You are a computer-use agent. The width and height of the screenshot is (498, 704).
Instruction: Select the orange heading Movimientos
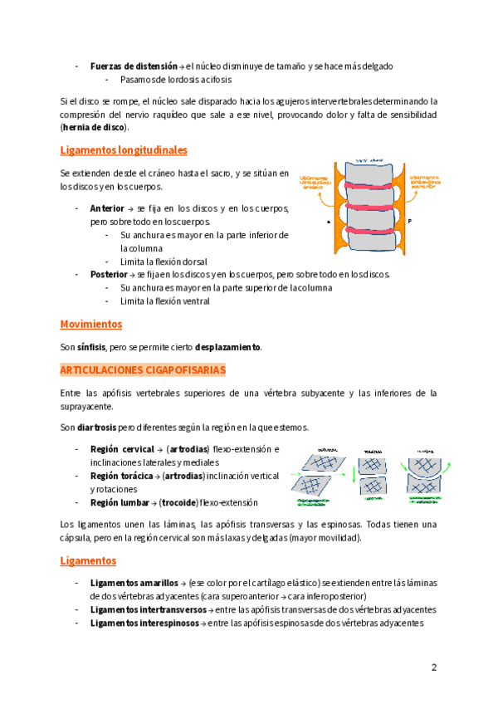[x=91, y=324]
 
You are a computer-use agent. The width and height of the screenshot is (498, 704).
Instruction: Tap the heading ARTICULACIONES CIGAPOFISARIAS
[x=143, y=369]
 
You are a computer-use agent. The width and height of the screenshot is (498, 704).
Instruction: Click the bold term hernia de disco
[x=95, y=127]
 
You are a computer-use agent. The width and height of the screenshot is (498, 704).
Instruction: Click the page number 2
[x=433, y=667]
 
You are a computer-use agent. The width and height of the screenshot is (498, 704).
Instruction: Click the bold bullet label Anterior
[x=107, y=208]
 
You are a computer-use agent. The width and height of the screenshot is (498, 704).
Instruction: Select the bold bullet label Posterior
[x=109, y=274]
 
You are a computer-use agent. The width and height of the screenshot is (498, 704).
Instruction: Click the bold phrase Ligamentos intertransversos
[x=149, y=609]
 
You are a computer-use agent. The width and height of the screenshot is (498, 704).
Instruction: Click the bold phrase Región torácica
[x=122, y=477]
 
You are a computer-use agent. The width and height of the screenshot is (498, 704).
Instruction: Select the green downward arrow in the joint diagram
[x=352, y=477]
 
